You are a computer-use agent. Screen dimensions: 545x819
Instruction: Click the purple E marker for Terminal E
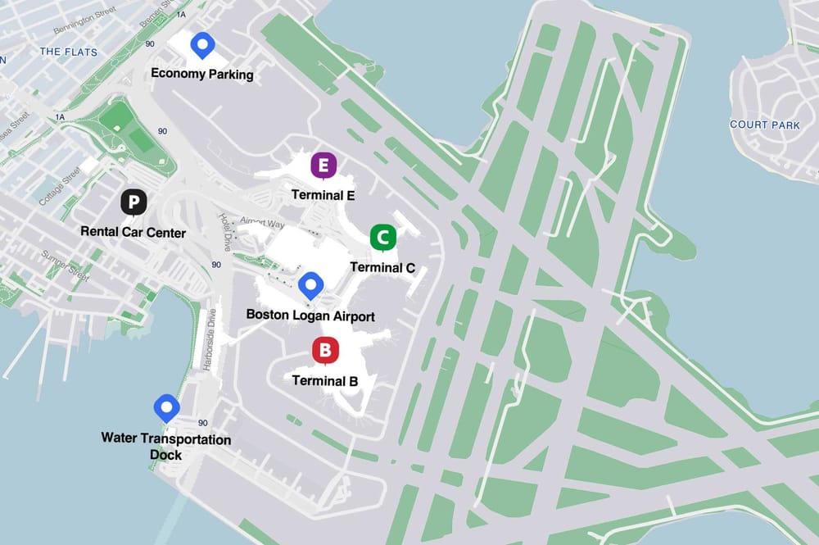(324, 166)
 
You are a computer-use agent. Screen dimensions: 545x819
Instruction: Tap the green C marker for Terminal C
(382, 238)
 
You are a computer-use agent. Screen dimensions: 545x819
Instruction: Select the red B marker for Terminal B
(325, 352)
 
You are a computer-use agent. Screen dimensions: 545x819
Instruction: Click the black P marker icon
(133, 202)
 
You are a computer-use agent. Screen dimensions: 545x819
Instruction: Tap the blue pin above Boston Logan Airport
(310, 285)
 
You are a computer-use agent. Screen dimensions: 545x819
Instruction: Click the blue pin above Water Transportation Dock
(167, 407)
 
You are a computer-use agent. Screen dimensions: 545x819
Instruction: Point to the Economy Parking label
(202, 75)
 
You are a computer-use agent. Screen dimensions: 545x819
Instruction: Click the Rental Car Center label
(133, 233)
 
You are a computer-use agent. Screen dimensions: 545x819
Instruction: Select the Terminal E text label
(324, 196)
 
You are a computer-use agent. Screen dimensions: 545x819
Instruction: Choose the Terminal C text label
(382, 267)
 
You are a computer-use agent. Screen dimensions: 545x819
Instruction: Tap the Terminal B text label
(325, 381)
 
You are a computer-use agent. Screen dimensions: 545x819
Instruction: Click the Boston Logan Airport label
(310, 316)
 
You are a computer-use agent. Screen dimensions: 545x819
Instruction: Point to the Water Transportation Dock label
(166, 447)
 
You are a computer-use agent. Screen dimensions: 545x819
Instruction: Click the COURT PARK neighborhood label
(764, 125)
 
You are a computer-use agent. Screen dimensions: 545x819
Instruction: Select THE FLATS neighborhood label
(69, 52)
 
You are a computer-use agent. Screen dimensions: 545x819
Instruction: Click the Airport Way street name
(263, 223)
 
